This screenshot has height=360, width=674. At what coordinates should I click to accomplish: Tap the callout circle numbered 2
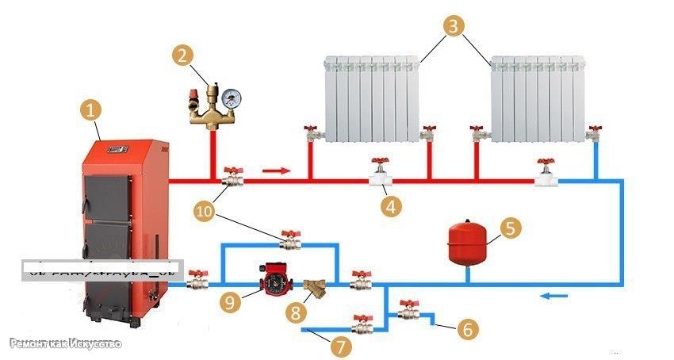click(183, 55)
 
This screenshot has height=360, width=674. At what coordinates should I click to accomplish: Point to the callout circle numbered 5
click(511, 228)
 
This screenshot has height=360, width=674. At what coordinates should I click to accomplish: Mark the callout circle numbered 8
click(297, 312)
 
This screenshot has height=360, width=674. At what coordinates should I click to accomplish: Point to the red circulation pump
click(272, 278)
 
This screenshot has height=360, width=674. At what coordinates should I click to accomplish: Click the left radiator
click(372, 99)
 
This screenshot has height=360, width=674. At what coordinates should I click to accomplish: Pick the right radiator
click(538, 99)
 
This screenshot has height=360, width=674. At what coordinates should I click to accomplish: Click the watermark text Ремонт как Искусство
click(66, 343)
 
